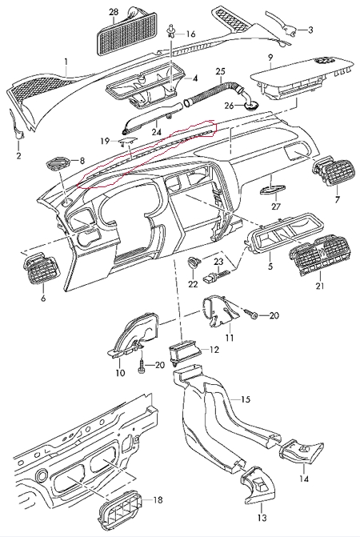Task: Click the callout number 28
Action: click(x=114, y=12)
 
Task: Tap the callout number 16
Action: click(x=191, y=34)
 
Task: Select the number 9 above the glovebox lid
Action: click(x=270, y=57)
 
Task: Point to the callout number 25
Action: click(x=221, y=71)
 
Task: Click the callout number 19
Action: click(x=105, y=141)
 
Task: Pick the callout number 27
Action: click(x=276, y=206)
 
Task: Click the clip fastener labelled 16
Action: click(x=170, y=33)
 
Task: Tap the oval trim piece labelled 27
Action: click(x=273, y=190)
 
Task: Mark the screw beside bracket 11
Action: click(x=251, y=314)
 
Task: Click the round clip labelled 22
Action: click(x=194, y=263)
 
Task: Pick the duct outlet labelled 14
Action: click(x=301, y=452)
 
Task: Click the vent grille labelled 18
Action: click(x=120, y=512)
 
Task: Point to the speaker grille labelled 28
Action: click(x=127, y=34)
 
